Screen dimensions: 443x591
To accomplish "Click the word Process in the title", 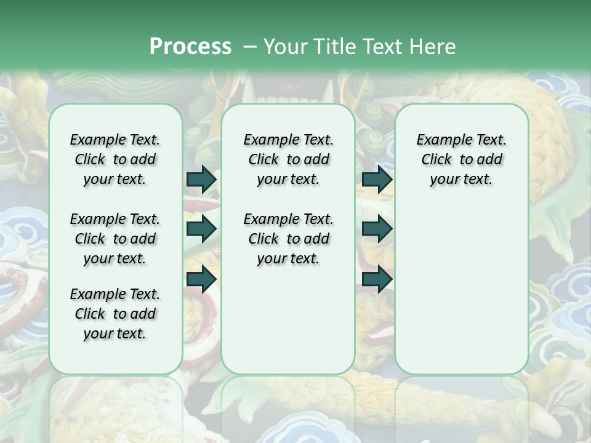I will click(190, 46).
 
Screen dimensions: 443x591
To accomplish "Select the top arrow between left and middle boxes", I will click(201, 179).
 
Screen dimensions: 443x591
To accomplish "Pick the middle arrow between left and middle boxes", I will click(201, 229).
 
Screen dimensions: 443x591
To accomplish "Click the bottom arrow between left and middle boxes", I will click(201, 279).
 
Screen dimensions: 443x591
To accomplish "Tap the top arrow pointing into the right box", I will click(377, 179).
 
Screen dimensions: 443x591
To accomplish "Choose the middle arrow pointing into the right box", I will click(377, 229).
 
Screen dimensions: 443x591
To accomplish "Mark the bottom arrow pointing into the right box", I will click(377, 279).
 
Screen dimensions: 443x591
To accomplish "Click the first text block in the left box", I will click(115, 159).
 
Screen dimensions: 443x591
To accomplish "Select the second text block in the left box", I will click(115, 239).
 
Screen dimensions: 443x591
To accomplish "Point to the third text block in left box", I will click(115, 314).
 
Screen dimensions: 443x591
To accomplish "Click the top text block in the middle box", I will click(288, 159).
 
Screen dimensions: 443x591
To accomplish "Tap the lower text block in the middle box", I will click(288, 239).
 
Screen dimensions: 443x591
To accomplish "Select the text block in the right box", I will click(461, 159).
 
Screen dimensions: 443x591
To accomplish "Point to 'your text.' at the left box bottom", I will click(115, 333).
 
